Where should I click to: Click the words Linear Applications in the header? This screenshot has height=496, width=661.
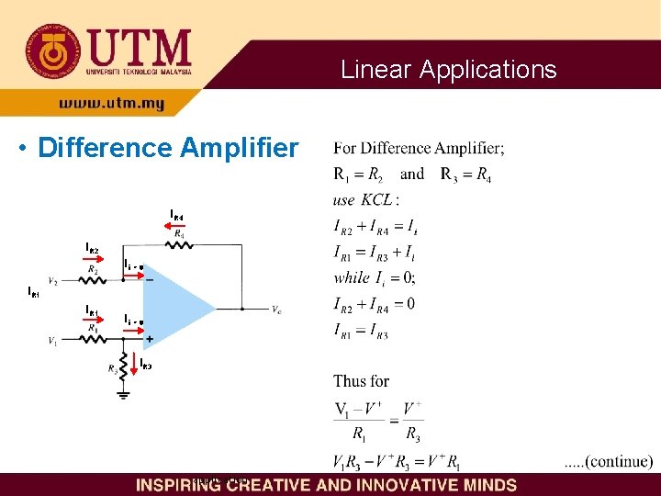tap(448, 70)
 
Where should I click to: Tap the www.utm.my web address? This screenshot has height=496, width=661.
tap(111, 105)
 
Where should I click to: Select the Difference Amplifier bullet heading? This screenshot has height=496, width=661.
tap(166, 148)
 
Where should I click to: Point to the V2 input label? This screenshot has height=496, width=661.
tap(53, 281)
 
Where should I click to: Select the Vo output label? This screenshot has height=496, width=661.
tap(276, 310)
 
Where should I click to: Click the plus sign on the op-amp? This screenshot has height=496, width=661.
tap(149, 339)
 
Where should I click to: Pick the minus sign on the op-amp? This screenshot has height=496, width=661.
tap(149, 279)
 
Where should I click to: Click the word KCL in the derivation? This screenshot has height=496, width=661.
tap(375, 199)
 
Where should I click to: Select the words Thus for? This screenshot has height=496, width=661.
tap(362, 380)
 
